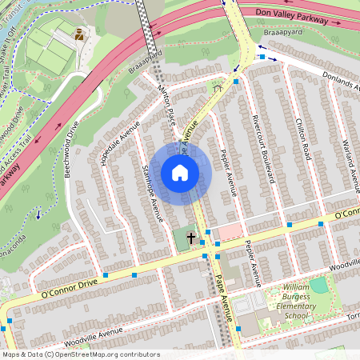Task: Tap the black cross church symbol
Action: tap(191, 238)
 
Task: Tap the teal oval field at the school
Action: tap(319, 285)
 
